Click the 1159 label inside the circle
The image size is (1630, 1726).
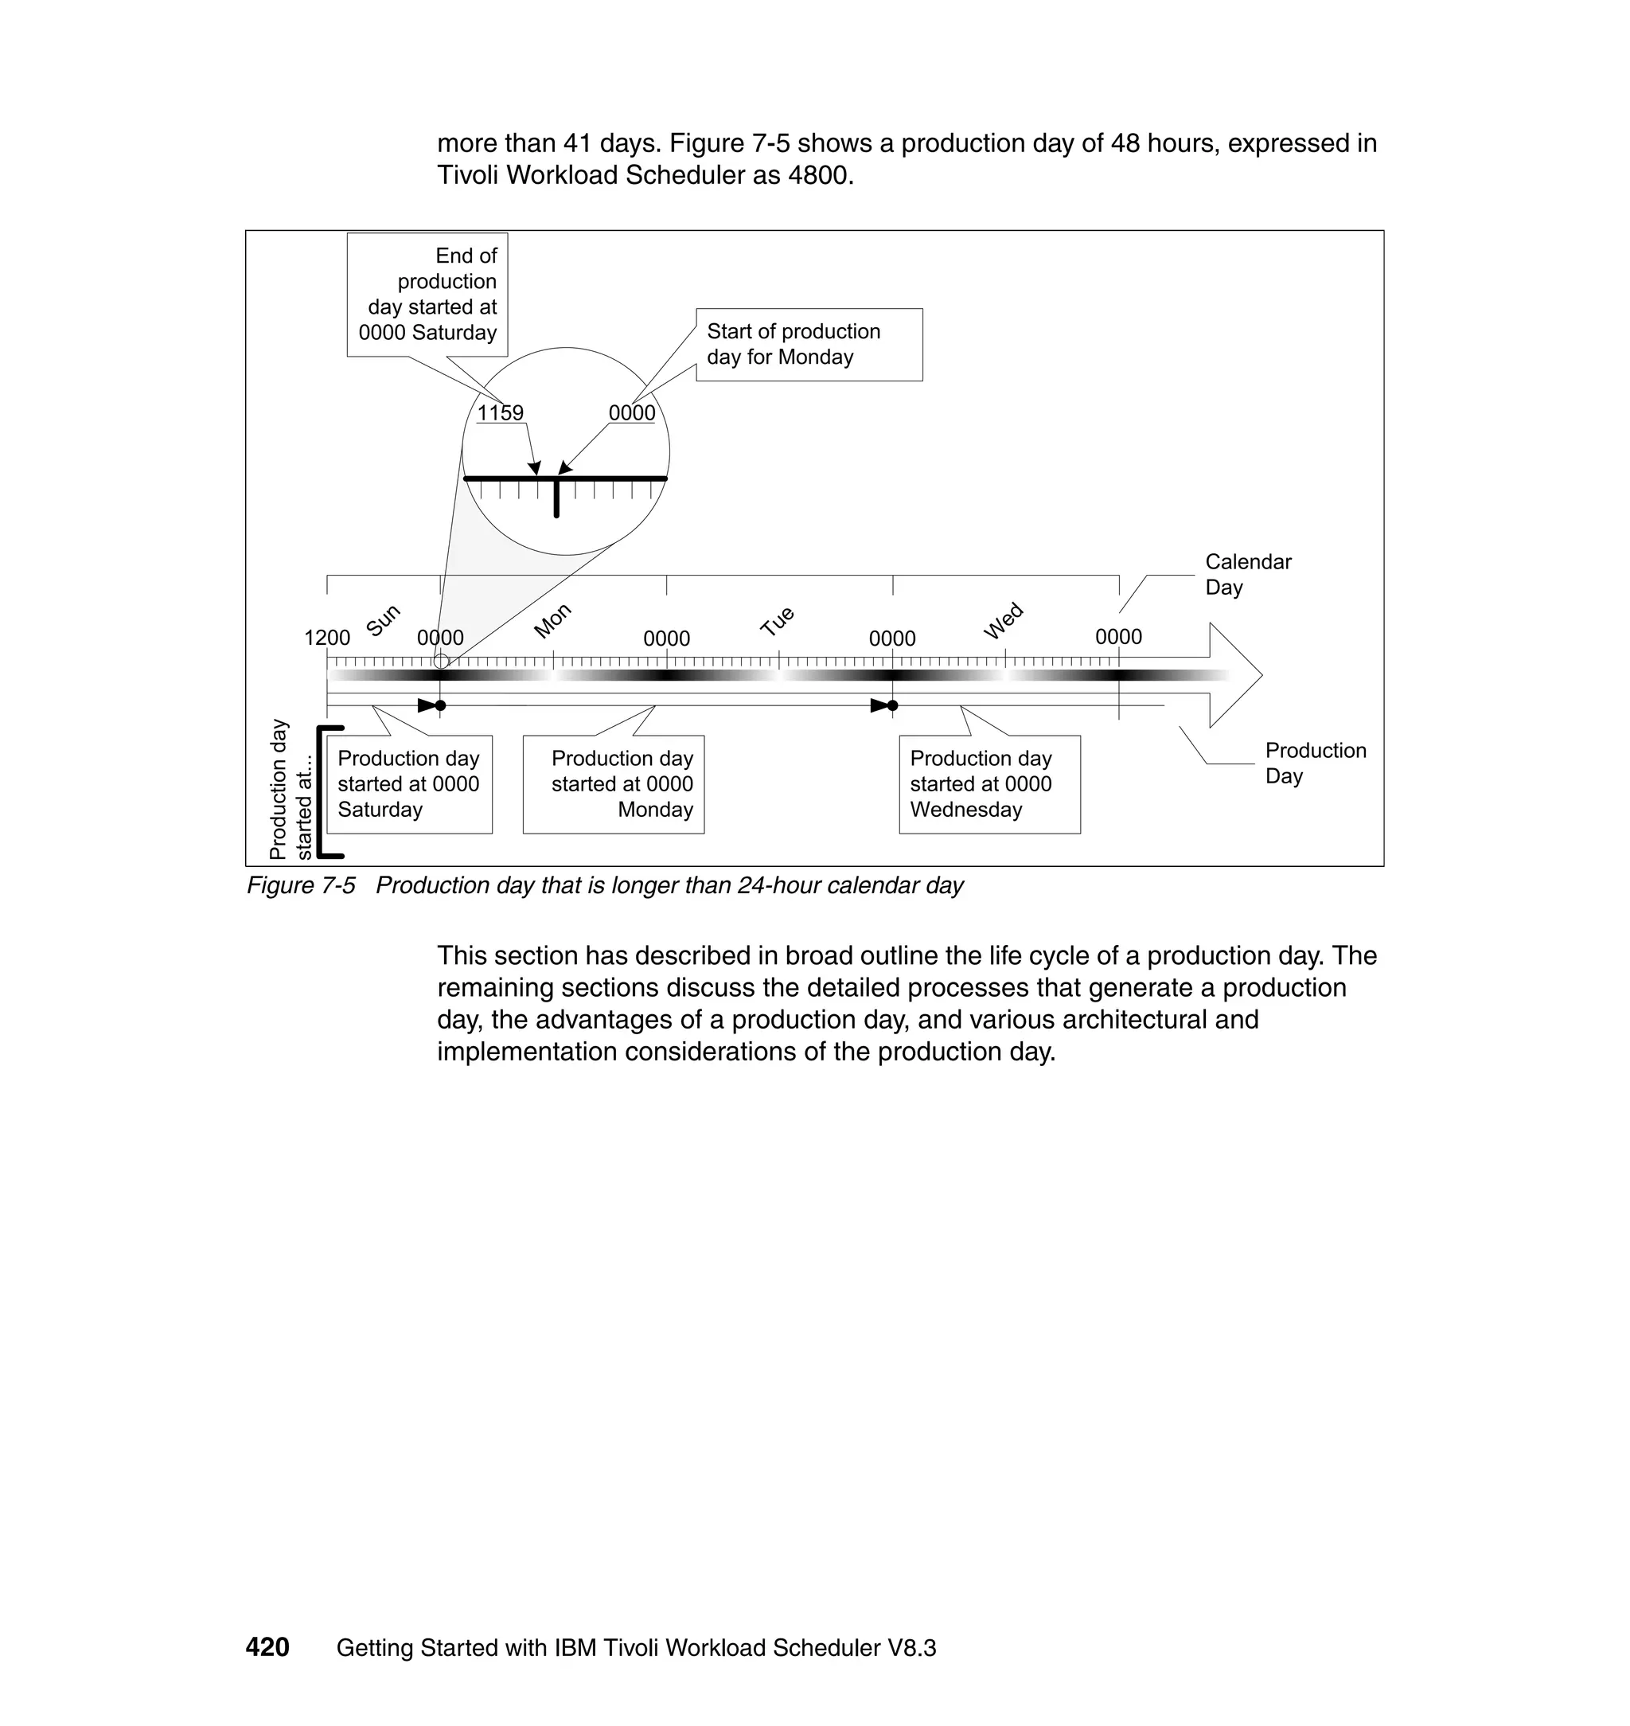click(500, 413)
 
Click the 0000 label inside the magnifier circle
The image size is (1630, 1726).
click(632, 413)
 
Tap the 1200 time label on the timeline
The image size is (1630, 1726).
click(326, 638)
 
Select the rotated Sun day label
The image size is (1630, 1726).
click(383, 619)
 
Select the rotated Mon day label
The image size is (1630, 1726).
click(552, 620)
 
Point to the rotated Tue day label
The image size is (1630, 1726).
click(778, 622)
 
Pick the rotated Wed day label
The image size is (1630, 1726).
click(1004, 620)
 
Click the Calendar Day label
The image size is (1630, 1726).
click(1247, 575)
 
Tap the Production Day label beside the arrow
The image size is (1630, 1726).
click(1314, 763)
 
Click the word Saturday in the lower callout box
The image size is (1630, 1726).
click(380, 810)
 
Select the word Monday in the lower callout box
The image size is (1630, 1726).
click(655, 810)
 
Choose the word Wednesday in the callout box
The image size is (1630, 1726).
click(965, 810)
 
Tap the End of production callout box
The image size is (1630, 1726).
click(427, 294)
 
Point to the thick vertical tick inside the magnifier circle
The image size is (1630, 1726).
click(556, 498)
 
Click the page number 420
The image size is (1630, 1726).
click(267, 1648)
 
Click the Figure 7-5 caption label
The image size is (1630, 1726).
click(301, 885)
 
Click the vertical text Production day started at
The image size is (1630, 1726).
click(291, 789)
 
